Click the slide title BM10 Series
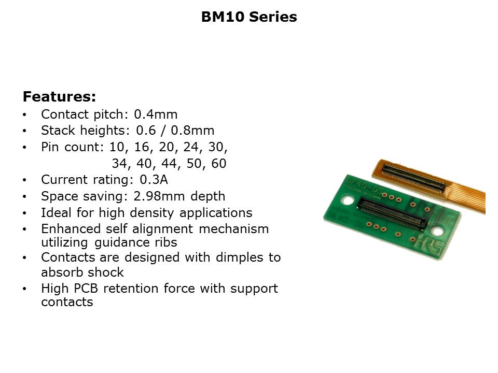coord(249,17)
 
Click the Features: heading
coord(59,97)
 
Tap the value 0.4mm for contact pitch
coord(156,114)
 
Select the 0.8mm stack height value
coord(192,131)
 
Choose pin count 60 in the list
coord(219,163)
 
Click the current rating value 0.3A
coord(154,180)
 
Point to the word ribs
coord(166,242)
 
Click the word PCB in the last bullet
coord(86,289)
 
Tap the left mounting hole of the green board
coord(348,200)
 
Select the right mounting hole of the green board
coord(438,231)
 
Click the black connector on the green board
coord(392,213)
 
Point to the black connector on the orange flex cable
coord(414,179)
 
